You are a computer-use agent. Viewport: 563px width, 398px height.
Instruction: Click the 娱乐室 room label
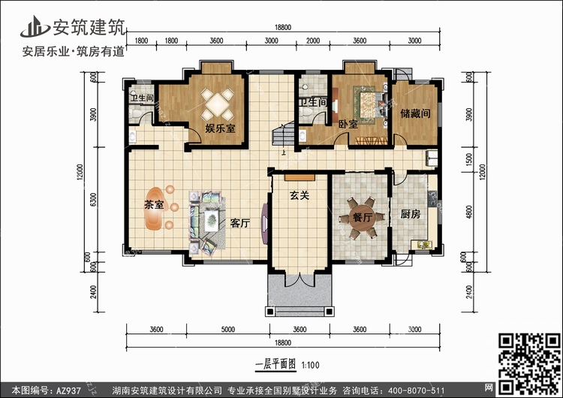coord(220,128)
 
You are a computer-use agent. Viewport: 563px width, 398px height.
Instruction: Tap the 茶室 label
coord(155,204)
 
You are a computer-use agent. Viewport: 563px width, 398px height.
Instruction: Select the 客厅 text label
coord(239,223)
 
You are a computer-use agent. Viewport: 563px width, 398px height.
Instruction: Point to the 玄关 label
coord(300,196)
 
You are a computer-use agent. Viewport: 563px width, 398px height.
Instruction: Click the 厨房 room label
coord(409,214)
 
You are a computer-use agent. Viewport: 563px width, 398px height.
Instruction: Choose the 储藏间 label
coord(414,114)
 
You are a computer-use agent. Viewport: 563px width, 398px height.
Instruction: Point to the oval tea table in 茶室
coord(155,218)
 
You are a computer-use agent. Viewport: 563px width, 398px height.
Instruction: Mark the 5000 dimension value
coord(228,328)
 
